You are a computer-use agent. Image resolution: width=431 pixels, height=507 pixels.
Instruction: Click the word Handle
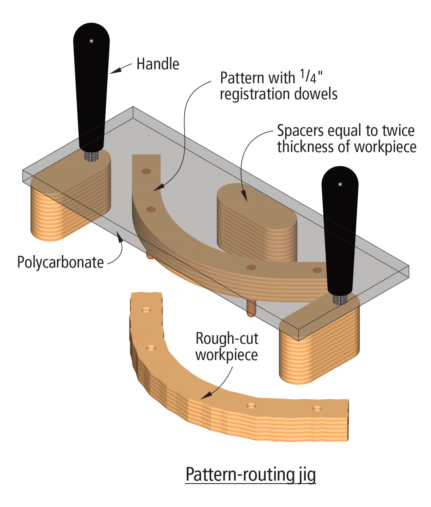pyautogui.click(x=158, y=64)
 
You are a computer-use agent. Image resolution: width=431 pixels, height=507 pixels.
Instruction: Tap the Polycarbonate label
pyautogui.click(x=60, y=262)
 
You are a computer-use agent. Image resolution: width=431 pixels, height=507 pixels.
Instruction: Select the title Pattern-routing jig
pyautogui.click(x=251, y=474)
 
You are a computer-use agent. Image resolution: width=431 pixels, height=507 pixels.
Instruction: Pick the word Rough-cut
pyautogui.click(x=227, y=338)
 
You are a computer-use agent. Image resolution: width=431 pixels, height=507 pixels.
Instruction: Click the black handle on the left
pyautogui.click(x=91, y=86)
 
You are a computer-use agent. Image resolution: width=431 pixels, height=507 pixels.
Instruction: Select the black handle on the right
pyautogui.click(x=340, y=229)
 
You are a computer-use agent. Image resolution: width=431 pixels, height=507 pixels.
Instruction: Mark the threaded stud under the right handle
pyautogui.click(x=340, y=299)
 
